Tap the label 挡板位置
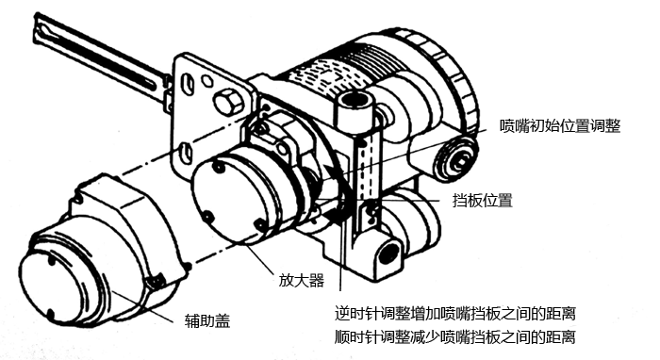tap(482, 200)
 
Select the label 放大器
tap(299, 280)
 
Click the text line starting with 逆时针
tap(454, 313)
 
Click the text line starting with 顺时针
tap(454, 335)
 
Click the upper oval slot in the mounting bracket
tap(193, 83)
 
